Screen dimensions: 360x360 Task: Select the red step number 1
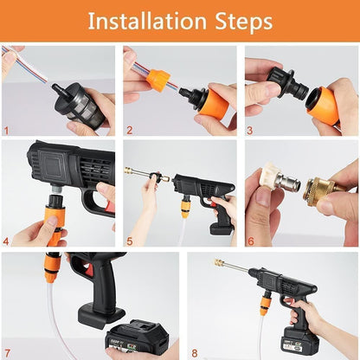pos(7,132)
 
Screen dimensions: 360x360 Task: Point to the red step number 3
pos(249,132)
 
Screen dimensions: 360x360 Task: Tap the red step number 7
pos(7,352)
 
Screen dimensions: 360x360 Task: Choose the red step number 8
pos(191,352)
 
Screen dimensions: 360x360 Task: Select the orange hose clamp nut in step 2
pos(158,80)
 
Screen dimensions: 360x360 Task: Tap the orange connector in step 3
pos(322,104)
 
